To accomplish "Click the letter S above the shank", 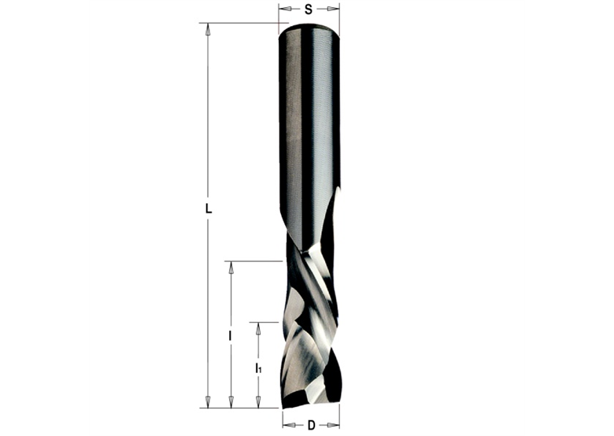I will [309, 9].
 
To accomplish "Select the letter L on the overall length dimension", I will [208, 209].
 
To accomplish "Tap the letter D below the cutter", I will [311, 426].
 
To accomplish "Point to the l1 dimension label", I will [258, 368].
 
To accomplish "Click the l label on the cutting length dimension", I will [230, 336].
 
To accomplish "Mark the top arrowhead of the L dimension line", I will [208, 29].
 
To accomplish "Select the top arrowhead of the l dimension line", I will [231, 268].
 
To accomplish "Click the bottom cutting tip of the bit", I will [310, 403].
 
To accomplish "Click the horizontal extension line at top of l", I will [252, 260].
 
